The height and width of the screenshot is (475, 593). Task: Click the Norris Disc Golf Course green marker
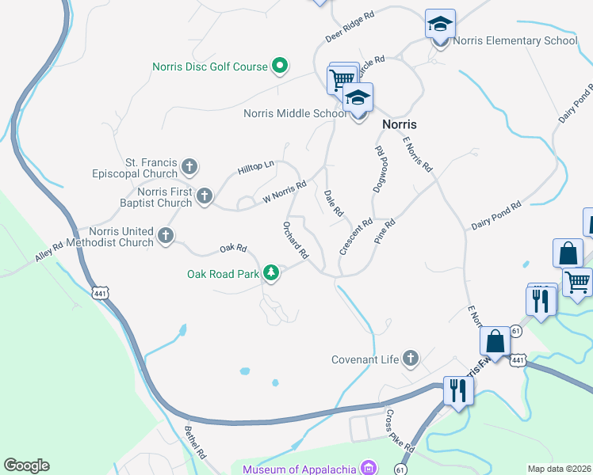[280, 66]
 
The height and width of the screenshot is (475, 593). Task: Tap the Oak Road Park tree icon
[272, 273]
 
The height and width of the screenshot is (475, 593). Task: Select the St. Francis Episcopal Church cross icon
[189, 167]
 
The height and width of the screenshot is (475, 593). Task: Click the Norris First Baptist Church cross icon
[205, 196]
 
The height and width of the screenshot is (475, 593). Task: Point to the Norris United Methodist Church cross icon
[166, 235]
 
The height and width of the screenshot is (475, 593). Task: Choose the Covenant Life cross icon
[411, 359]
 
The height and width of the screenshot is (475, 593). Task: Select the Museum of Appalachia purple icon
[367, 467]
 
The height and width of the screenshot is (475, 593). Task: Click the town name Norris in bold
[400, 124]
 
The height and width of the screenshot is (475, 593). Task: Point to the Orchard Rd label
[295, 241]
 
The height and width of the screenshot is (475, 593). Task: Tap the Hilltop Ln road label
[255, 168]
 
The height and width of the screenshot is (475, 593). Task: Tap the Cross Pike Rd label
[400, 431]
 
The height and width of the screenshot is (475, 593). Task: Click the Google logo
[26, 465]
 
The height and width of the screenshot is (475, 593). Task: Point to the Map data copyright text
[558, 469]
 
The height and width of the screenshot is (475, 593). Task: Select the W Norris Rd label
[285, 192]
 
